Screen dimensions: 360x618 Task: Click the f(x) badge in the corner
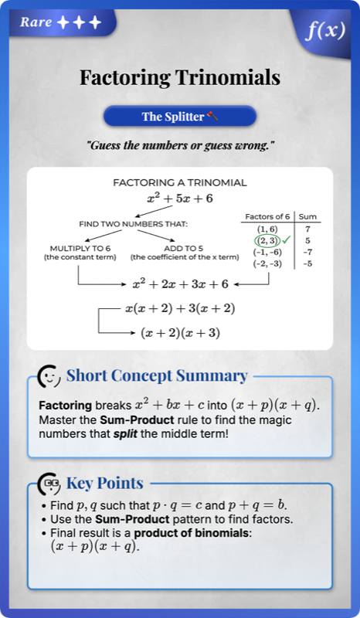click(x=324, y=30)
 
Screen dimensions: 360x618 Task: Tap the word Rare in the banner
click(x=36, y=22)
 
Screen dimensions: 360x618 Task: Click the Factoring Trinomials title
click(x=180, y=77)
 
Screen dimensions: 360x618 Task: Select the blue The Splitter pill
click(x=180, y=117)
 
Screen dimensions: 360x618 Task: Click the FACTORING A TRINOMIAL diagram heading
click(x=180, y=183)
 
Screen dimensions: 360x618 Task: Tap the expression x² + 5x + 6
click(x=180, y=199)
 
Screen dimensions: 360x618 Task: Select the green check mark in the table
click(x=287, y=240)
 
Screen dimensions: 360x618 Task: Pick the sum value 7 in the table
click(x=307, y=229)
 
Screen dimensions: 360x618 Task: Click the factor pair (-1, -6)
click(x=267, y=252)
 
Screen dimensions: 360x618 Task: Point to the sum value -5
click(x=307, y=263)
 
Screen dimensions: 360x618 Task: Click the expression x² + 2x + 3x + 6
click(x=180, y=284)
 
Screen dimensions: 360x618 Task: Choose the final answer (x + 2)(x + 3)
click(x=180, y=333)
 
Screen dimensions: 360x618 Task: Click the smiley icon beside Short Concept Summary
click(x=49, y=376)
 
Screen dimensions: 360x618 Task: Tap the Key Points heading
click(x=104, y=484)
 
